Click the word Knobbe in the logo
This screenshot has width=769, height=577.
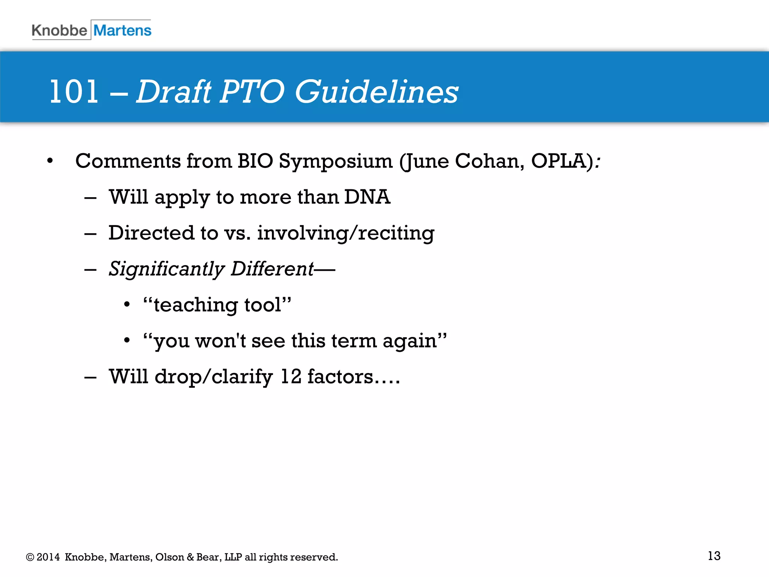[x=59, y=30]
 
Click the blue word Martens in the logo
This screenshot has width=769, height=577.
[x=122, y=30]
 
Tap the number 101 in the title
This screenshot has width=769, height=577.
[x=74, y=92]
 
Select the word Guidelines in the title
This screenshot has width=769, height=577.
[x=376, y=92]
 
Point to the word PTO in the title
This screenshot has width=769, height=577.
[x=252, y=92]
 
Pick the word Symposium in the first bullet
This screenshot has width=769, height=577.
[x=336, y=162]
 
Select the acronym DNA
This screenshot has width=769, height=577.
[x=367, y=197]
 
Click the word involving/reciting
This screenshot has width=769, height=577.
[x=345, y=233]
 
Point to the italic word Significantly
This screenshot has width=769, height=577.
[x=166, y=269]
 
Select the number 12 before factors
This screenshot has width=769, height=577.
[x=291, y=376]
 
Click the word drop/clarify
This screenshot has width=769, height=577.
[x=214, y=377]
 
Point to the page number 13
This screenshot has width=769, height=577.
[x=714, y=556]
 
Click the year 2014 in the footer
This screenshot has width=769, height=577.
[x=48, y=557]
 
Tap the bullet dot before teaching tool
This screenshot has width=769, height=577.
[x=127, y=305]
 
